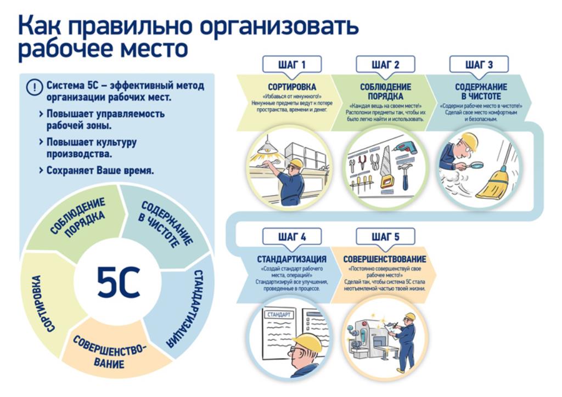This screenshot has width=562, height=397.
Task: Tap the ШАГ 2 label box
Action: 385,65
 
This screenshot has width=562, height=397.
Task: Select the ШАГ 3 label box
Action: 479,65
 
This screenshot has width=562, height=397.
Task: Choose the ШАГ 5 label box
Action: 385,237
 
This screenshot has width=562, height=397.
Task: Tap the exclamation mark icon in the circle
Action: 35,87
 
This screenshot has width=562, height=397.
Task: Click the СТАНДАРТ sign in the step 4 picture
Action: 278,315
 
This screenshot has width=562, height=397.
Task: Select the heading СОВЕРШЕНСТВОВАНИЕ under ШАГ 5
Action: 384,259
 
